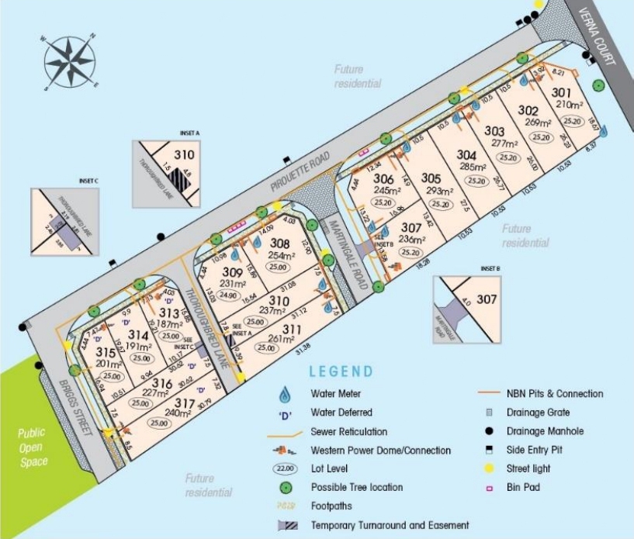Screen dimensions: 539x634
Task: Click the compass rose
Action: point(70,62)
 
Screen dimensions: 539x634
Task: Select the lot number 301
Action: point(562,93)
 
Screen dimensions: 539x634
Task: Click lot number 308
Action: point(279,244)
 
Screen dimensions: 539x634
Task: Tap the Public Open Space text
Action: point(33,446)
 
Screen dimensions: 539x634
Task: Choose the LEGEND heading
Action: point(341,372)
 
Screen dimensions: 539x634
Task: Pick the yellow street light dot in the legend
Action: point(490,468)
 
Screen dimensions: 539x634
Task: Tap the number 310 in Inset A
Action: point(183,154)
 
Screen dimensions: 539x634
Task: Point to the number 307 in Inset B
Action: point(486,299)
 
